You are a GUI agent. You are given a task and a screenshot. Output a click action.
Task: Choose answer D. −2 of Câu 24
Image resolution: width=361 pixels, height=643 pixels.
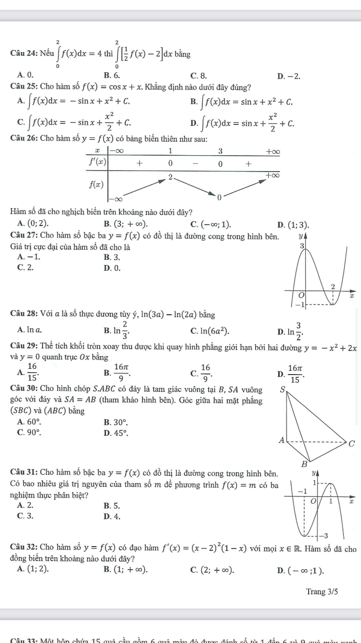coord(289,76)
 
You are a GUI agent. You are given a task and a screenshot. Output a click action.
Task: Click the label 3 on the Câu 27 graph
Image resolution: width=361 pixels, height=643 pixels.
coord(302,246)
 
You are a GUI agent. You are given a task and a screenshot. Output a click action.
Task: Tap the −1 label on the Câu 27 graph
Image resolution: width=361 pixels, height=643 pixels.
coord(299,306)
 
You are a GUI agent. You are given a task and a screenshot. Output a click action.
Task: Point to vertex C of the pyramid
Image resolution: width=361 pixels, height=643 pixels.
coord(352,443)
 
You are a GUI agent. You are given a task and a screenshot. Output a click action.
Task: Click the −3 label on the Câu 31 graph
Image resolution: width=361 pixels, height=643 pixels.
coord(325,536)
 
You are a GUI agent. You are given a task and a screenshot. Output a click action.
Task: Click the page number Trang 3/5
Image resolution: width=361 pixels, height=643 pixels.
coord(322,591)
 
